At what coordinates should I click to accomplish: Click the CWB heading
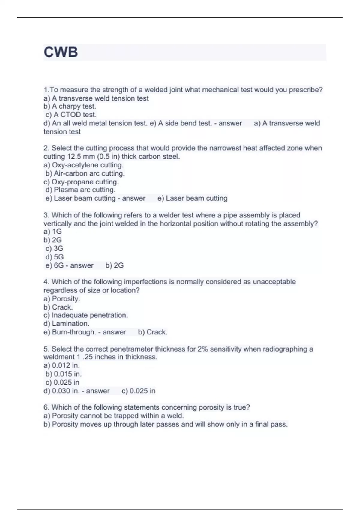(x=61, y=52)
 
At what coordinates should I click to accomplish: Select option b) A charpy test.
(x=70, y=106)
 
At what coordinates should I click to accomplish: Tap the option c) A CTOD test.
(x=71, y=115)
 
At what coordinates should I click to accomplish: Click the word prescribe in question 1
(x=306, y=90)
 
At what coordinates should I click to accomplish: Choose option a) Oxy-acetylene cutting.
(x=83, y=165)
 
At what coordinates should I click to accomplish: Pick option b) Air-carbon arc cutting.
(x=85, y=173)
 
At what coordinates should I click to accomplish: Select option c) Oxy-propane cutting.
(x=81, y=182)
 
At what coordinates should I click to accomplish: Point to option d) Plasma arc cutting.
(x=80, y=190)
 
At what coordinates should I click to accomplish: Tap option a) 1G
(x=52, y=232)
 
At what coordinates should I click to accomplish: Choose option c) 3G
(x=54, y=248)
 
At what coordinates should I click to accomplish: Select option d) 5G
(x=54, y=257)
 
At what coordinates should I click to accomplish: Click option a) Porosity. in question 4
(x=61, y=299)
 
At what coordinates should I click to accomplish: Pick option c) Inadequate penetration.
(x=85, y=315)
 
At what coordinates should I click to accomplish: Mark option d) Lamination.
(x=66, y=324)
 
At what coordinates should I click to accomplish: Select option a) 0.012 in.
(x=61, y=365)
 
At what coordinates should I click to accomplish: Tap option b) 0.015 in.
(x=63, y=374)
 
